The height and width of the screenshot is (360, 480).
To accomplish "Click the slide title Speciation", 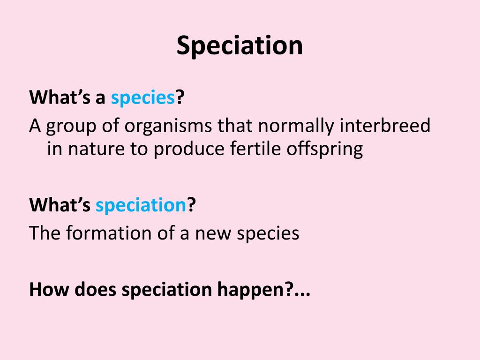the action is click(x=240, y=46).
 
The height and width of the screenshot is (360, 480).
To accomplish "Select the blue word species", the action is click(x=142, y=98).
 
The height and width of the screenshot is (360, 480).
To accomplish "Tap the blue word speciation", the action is click(x=141, y=205).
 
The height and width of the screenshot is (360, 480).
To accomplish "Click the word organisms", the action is click(x=168, y=126).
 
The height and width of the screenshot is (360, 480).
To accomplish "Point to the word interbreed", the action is click(x=385, y=126).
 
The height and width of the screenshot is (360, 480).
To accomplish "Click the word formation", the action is click(x=109, y=233).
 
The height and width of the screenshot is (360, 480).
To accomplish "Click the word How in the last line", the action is click(x=49, y=289).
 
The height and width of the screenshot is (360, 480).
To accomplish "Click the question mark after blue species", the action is click(x=180, y=97).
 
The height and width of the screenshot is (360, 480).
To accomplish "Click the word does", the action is click(x=95, y=289).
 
